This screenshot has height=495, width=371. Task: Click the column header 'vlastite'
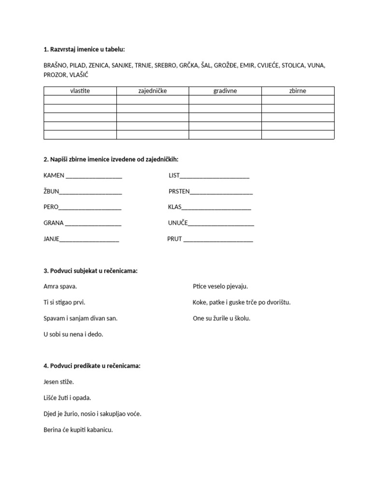[x=80, y=91]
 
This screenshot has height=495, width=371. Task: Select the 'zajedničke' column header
[x=153, y=91]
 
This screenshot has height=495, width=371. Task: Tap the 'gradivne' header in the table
[x=225, y=91]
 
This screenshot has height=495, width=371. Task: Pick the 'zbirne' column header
[x=298, y=91]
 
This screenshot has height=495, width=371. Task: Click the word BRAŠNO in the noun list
[x=55, y=65]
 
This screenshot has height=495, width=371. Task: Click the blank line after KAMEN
[x=93, y=176]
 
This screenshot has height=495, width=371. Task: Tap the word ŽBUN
[x=51, y=191]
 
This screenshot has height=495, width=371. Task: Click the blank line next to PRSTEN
[x=221, y=191]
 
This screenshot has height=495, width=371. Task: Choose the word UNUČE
[x=177, y=223]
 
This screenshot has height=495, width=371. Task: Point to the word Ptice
[x=200, y=286]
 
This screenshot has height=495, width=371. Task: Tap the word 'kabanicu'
[x=99, y=429]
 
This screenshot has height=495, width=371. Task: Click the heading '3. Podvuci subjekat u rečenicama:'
[x=90, y=271]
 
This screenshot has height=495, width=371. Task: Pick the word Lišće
[x=51, y=398]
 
